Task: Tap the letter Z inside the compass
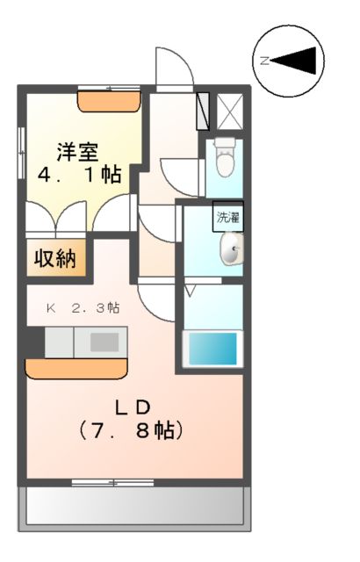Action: tap(264, 61)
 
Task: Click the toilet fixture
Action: tap(224, 160)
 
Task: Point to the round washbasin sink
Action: tap(232, 250)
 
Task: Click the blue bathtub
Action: tap(211, 348)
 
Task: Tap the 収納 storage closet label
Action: tap(55, 258)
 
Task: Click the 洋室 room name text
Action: tap(76, 150)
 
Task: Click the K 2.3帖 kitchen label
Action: tap(83, 308)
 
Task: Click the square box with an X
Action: tap(232, 110)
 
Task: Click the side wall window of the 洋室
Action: tap(22, 153)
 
